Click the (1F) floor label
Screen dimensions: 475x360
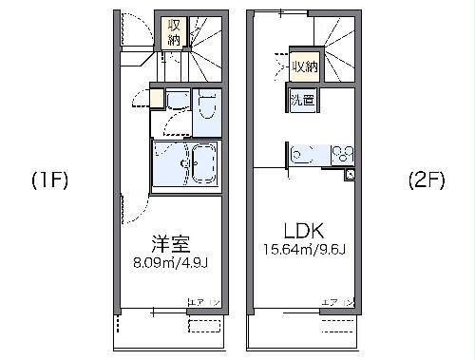47,180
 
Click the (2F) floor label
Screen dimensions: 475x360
427,180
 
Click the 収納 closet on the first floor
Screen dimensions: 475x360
173,31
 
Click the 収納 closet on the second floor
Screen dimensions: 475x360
304,66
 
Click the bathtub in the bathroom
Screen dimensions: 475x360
201,165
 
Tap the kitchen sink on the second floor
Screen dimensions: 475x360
306,154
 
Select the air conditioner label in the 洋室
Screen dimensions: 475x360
203,302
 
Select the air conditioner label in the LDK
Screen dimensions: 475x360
339,302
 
